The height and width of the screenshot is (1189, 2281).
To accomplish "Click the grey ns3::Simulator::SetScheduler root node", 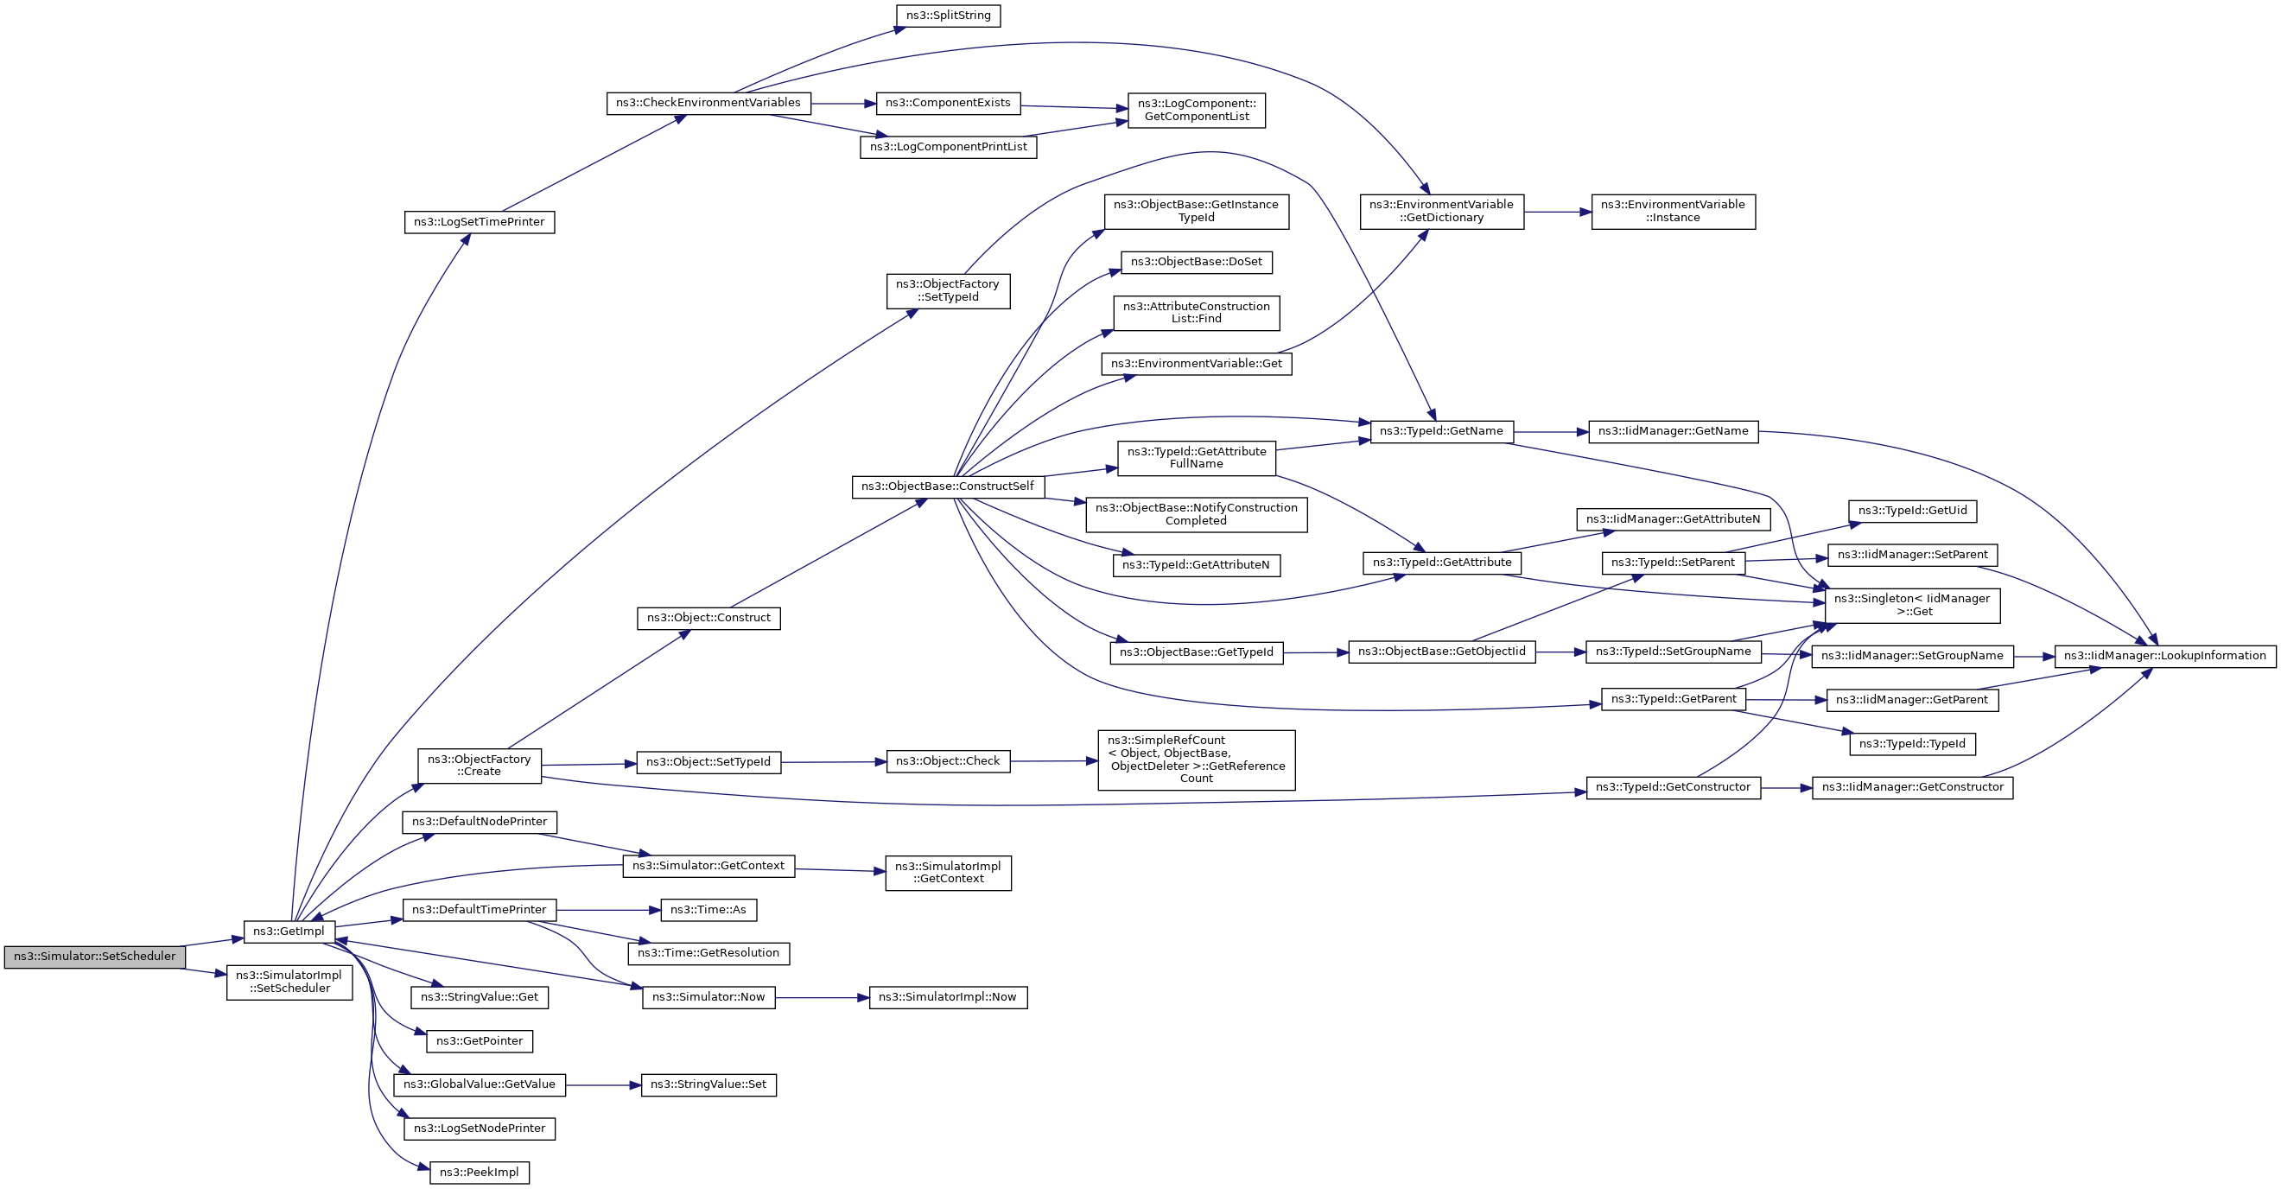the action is tap(95, 957).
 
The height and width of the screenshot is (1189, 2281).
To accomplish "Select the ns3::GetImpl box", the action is tap(289, 931).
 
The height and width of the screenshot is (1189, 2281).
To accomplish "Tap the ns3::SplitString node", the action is tap(949, 16).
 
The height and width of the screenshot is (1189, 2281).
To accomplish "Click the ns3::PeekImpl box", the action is tap(479, 1173).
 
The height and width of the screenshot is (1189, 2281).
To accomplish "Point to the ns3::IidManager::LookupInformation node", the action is tap(2165, 656).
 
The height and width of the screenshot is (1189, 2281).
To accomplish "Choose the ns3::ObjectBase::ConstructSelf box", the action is tap(948, 487).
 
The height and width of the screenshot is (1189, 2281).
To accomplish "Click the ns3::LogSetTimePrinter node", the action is tap(479, 222).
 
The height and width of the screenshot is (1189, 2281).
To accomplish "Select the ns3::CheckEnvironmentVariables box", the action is tap(708, 103).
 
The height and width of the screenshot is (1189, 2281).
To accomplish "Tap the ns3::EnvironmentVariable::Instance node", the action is tap(1673, 212).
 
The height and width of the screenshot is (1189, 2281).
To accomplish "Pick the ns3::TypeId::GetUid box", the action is tap(1913, 511).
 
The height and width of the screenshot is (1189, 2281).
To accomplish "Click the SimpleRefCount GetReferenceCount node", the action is tap(1197, 760).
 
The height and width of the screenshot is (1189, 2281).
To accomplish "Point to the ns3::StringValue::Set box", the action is tap(708, 1084).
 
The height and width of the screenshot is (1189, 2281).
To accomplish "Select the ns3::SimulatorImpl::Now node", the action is tap(949, 998).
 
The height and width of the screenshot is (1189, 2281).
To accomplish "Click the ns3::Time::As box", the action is tap(708, 910).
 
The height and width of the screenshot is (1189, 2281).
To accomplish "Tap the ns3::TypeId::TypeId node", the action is tap(1913, 744).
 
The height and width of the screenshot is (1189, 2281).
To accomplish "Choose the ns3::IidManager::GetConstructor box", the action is tap(1913, 787).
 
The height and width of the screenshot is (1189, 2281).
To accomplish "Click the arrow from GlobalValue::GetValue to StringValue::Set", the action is tap(603, 1085).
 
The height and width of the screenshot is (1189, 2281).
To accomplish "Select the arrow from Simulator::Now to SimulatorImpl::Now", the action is tap(822, 998).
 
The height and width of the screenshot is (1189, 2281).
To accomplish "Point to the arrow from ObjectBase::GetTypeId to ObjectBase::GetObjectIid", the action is tap(1316, 652).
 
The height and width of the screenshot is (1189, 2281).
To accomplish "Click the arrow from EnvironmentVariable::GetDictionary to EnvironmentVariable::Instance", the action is tap(1558, 213).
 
